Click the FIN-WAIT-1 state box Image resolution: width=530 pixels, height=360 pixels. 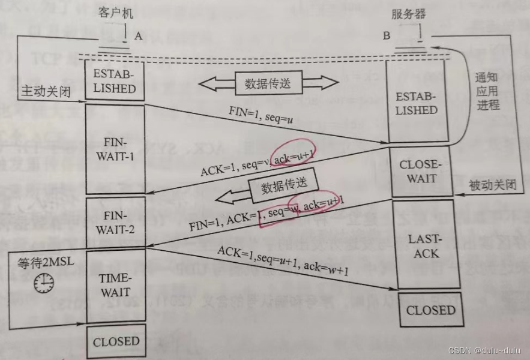point(115,149)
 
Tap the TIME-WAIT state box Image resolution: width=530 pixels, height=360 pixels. point(116,285)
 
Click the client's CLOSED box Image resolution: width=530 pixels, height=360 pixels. point(116,341)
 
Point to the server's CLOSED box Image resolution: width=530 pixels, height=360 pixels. point(430,310)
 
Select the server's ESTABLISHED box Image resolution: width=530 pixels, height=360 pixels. point(416,103)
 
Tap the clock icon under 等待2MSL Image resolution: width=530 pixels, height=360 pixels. point(43,283)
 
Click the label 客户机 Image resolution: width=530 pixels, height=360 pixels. point(114,13)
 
